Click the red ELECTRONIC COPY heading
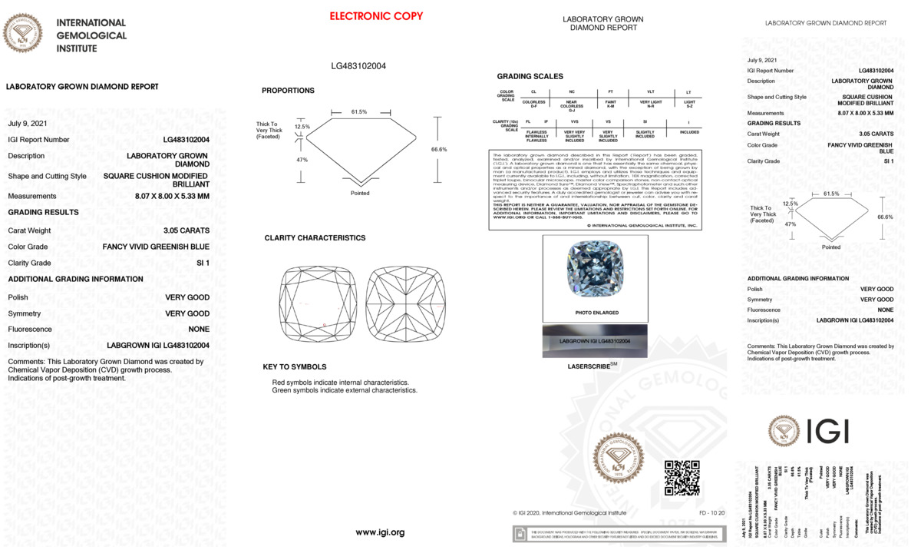click(376, 16)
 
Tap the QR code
click(682, 478)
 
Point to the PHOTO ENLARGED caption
click(596, 313)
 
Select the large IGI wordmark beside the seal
click(827, 432)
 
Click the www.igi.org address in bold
click(380, 532)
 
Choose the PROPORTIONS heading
click(288, 91)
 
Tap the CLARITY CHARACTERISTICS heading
click(315, 238)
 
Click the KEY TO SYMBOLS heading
click(294, 367)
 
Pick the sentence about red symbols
click(340, 382)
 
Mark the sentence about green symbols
click(345, 390)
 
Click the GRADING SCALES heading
click(530, 77)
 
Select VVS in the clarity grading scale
click(574, 121)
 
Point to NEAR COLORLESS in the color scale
click(572, 104)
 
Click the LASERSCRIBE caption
click(593, 366)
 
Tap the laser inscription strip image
click(595, 340)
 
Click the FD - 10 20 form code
click(711, 512)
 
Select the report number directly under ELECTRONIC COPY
click(358, 66)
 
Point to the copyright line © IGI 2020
click(569, 512)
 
